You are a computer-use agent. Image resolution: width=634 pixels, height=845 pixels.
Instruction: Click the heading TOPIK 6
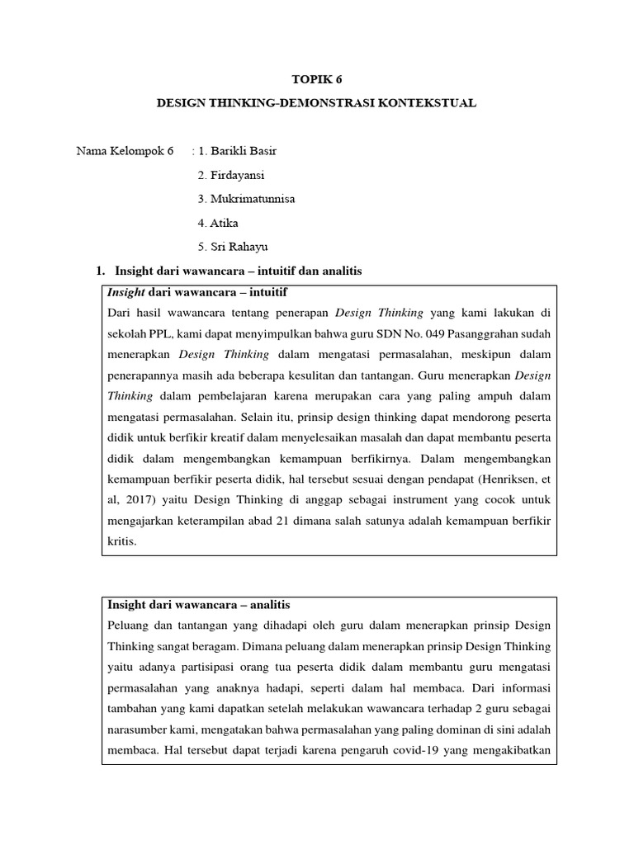[x=316, y=79]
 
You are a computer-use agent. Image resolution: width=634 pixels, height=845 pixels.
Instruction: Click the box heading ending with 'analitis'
[x=199, y=606]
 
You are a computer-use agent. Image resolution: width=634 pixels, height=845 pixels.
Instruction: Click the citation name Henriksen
[x=498, y=479]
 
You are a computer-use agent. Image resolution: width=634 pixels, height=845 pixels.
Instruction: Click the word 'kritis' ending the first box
[x=122, y=541]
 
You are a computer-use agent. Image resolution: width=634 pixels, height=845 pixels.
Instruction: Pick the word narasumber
[x=137, y=730]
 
